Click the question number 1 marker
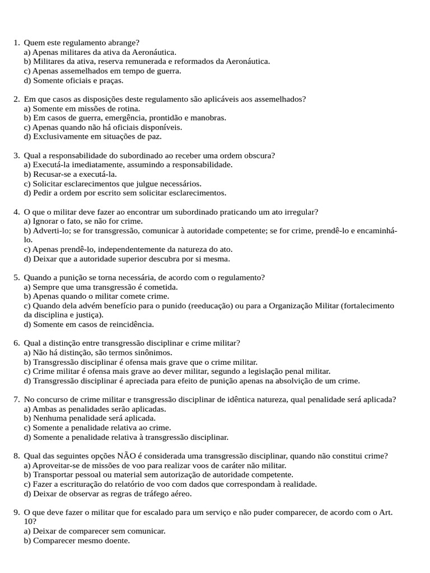pos(16,43)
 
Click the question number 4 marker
pos(16,212)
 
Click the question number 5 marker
pos(16,278)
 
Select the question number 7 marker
pos(16,400)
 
